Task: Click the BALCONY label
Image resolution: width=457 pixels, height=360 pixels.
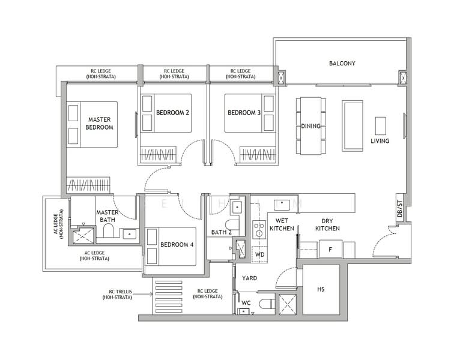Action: (x=342, y=63)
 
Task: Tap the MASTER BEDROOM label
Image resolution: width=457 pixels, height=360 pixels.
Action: (x=99, y=123)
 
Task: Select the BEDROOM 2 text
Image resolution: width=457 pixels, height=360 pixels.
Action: (x=172, y=112)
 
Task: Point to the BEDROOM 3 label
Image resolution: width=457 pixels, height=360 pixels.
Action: (x=244, y=112)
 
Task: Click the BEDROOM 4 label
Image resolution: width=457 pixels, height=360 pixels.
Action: (x=177, y=244)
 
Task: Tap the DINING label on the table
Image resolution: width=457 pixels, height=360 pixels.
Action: (x=310, y=126)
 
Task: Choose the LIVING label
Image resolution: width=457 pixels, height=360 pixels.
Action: (x=380, y=140)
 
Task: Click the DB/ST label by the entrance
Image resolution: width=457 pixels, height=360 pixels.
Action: (x=399, y=209)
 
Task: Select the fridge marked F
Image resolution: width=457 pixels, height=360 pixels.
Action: (x=330, y=249)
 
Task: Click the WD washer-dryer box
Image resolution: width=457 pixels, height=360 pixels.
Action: (x=259, y=254)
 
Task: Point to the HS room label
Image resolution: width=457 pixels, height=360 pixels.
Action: (x=321, y=289)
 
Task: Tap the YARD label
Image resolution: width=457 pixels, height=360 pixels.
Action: (x=249, y=278)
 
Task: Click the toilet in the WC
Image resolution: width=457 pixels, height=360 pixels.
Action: (x=267, y=304)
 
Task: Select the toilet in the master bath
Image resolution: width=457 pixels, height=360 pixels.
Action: (x=108, y=230)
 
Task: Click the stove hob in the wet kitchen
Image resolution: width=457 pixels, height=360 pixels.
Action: (x=259, y=229)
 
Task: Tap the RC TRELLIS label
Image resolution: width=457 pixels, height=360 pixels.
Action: (x=117, y=294)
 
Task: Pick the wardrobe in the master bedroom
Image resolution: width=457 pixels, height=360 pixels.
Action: (x=88, y=185)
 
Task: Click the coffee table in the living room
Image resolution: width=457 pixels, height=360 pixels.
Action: (x=380, y=126)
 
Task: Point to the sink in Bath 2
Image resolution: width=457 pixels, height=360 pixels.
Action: (x=237, y=207)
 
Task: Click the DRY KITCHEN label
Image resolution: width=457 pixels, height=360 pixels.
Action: (x=327, y=224)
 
